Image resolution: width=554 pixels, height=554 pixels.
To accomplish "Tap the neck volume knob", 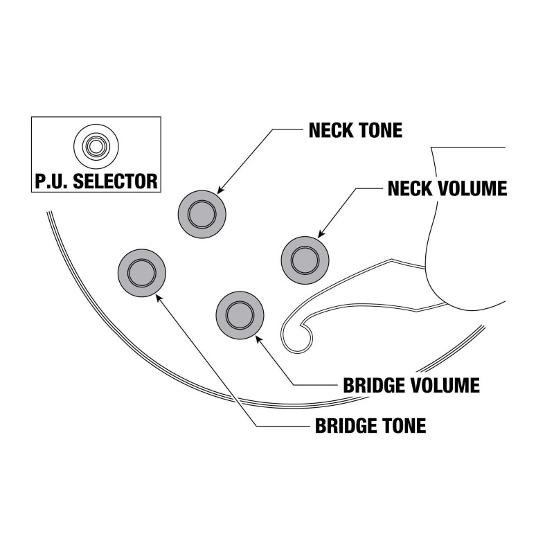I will pos(304,260).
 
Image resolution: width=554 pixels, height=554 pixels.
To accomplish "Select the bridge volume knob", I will pos(240,315).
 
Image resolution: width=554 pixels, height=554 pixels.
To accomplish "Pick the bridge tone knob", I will pos(143,270).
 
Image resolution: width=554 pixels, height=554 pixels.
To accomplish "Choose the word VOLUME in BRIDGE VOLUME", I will pos(447,385).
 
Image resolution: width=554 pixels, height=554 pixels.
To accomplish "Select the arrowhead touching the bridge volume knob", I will pos(259,339).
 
